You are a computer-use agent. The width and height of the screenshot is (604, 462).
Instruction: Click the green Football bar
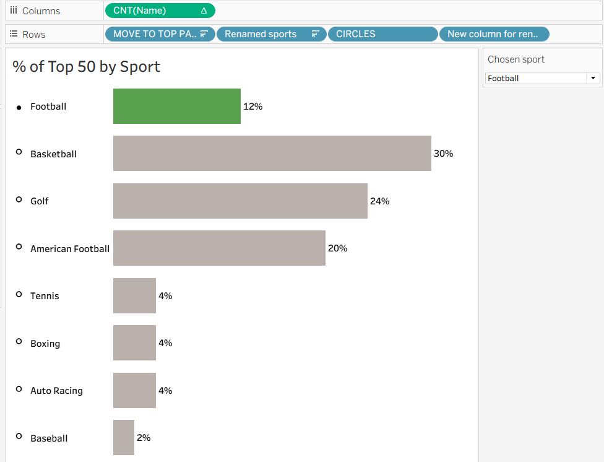[176, 106]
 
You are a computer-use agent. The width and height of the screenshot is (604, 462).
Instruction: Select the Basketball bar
[272, 153]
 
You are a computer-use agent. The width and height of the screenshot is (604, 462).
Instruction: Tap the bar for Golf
[240, 201]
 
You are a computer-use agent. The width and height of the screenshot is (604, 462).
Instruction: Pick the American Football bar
[219, 248]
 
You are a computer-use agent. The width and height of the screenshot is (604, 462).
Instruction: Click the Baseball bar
[124, 437]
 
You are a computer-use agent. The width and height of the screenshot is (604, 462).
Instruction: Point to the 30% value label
[443, 154]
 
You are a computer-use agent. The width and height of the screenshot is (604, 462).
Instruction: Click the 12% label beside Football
[252, 107]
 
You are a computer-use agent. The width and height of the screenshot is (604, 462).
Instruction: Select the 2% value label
[144, 438]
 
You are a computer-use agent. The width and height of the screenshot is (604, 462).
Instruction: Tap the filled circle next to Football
[19, 107]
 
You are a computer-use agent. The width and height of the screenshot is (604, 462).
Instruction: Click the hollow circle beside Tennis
[19, 294]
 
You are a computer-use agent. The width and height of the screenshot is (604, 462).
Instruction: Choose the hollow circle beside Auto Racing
[19, 389]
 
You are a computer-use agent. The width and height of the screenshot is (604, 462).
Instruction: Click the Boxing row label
[45, 344]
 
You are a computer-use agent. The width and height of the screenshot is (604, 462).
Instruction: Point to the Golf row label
[40, 201]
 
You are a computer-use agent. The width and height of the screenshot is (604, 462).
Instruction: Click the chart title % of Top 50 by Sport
[87, 67]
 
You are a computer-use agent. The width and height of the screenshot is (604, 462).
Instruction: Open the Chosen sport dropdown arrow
[593, 78]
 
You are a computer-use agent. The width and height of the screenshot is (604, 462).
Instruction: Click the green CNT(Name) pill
[160, 11]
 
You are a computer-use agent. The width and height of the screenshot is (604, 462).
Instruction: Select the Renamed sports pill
[270, 34]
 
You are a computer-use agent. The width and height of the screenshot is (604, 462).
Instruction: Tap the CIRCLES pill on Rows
[382, 34]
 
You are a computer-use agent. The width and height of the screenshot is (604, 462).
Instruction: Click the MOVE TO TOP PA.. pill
[160, 34]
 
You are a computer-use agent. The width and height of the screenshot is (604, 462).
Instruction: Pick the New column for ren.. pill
[493, 34]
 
